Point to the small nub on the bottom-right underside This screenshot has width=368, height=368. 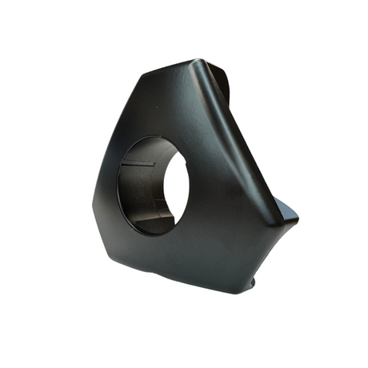(254, 282)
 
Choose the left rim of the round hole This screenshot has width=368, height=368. (121, 188)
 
